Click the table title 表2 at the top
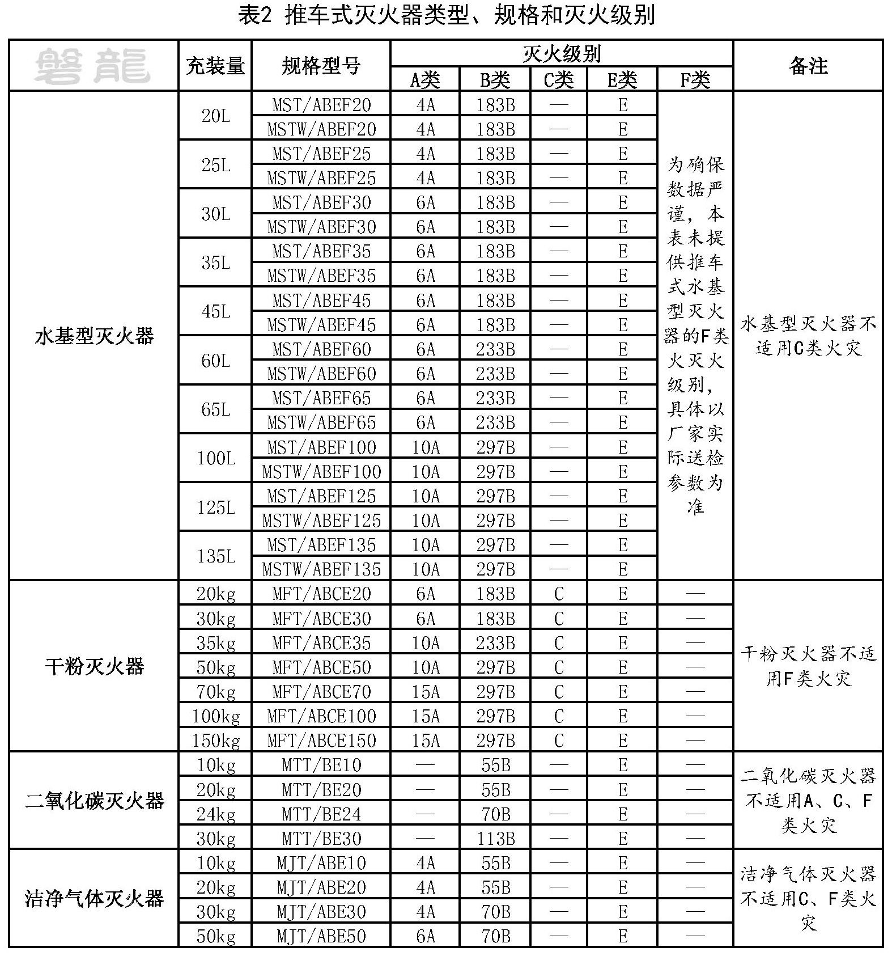(447, 16)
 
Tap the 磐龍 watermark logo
(92, 66)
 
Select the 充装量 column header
(215, 66)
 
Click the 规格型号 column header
(321, 66)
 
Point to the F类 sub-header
(695, 80)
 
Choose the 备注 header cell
(808, 66)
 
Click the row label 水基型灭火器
(94, 336)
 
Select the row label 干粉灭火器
(94, 666)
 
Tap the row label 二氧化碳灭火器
(94, 801)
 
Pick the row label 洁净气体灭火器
(94, 898)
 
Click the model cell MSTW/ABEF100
(321, 472)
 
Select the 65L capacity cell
(215, 409)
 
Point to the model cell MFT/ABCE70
(321, 692)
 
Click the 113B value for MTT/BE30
(495, 839)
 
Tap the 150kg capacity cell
(215, 741)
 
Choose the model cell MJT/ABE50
(321, 936)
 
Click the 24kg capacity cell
(215, 814)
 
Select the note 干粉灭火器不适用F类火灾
(808, 666)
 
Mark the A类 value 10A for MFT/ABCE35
(425, 643)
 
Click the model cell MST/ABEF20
(321, 105)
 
